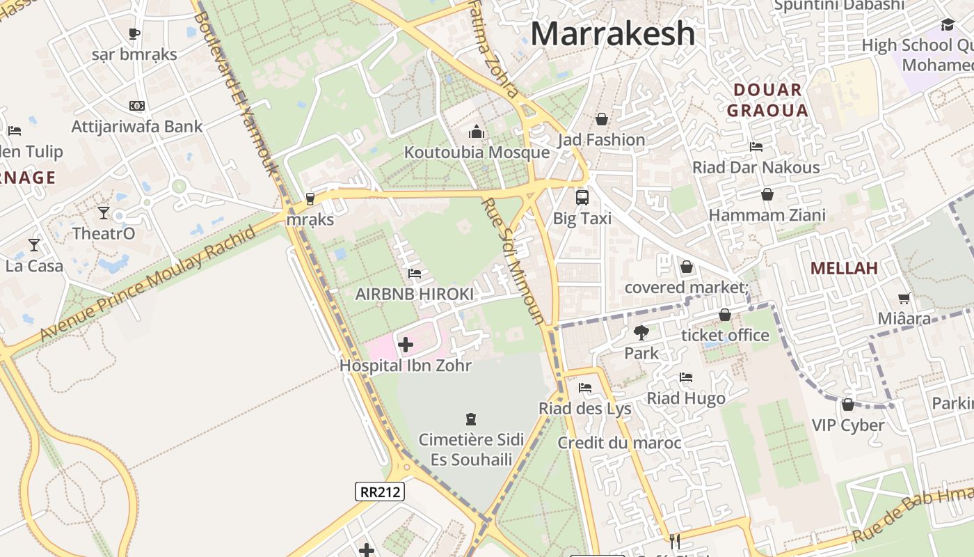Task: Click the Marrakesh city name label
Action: (x=613, y=33)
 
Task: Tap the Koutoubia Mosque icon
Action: (x=477, y=132)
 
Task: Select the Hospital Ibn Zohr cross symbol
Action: (x=405, y=344)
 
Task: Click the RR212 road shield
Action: (x=379, y=492)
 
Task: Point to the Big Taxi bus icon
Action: (x=582, y=197)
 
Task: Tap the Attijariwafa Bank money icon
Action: (x=137, y=106)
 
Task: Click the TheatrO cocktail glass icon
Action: (x=104, y=212)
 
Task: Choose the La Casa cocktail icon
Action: (x=33, y=244)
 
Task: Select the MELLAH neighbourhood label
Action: (x=844, y=268)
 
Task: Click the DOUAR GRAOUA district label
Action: (x=767, y=100)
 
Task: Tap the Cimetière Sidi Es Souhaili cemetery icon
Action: (x=471, y=418)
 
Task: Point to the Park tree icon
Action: (x=641, y=333)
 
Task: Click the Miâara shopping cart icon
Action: (x=904, y=299)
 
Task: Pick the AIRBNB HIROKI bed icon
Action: (x=415, y=274)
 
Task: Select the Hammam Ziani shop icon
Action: (x=767, y=194)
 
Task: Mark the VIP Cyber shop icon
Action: (x=847, y=405)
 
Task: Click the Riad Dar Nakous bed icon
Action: (x=756, y=146)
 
